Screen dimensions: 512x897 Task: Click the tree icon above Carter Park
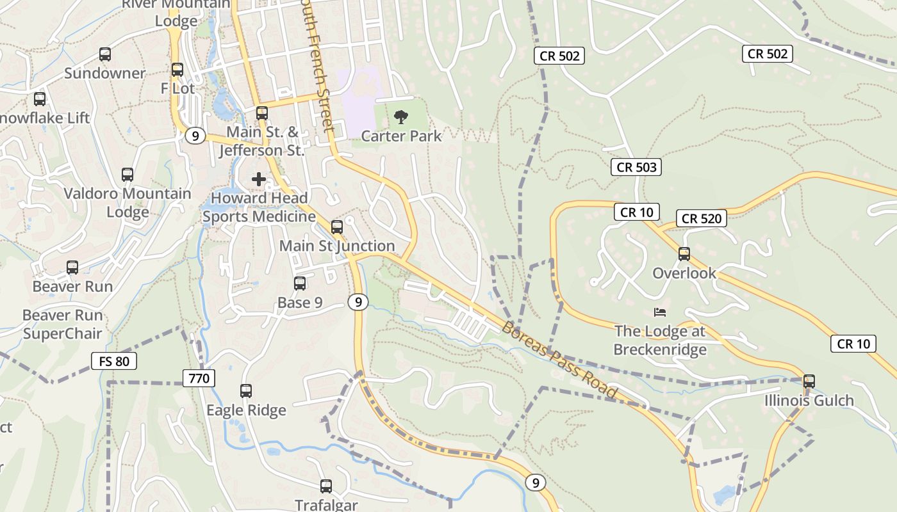pyautogui.click(x=401, y=116)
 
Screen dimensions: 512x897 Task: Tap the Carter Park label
pyautogui.click(x=401, y=136)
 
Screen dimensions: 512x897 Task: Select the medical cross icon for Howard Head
pyautogui.click(x=259, y=179)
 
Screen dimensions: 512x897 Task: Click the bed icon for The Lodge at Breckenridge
pyautogui.click(x=660, y=312)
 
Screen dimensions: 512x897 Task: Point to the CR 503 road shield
pyautogui.click(x=636, y=168)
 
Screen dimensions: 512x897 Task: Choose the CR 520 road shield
pyautogui.click(x=702, y=219)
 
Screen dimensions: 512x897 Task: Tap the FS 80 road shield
pyautogui.click(x=114, y=362)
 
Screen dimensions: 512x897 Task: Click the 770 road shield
pyautogui.click(x=199, y=378)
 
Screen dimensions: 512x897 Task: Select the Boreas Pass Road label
pyautogui.click(x=559, y=360)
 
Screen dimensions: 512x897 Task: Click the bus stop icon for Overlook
pyautogui.click(x=684, y=254)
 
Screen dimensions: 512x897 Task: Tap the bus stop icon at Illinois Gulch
pyautogui.click(x=809, y=381)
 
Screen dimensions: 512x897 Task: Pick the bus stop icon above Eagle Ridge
pyautogui.click(x=246, y=391)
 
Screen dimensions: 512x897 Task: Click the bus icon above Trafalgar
pyautogui.click(x=326, y=486)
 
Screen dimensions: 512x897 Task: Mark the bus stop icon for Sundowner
pyautogui.click(x=105, y=54)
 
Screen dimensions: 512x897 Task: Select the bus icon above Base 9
pyautogui.click(x=300, y=284)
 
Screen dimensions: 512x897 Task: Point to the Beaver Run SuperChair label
pyautogui.click(x=62, y=324)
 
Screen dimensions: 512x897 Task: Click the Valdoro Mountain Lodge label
pyautogui.click(x=128, y=203)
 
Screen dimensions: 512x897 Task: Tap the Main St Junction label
pyautogui.click(x=337, y=246)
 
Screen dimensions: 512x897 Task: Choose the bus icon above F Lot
pyautogui.click(x=177, y=70)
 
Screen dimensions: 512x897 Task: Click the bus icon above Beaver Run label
pyautogui.click(x=72, y=268)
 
